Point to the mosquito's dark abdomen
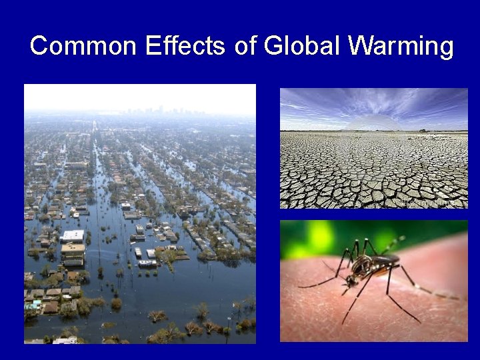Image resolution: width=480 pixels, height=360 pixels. (x=389, y=259)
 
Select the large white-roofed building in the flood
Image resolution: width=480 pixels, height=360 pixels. (x=73, y=237)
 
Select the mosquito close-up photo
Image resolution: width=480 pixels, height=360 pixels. (x=373, y=281)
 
